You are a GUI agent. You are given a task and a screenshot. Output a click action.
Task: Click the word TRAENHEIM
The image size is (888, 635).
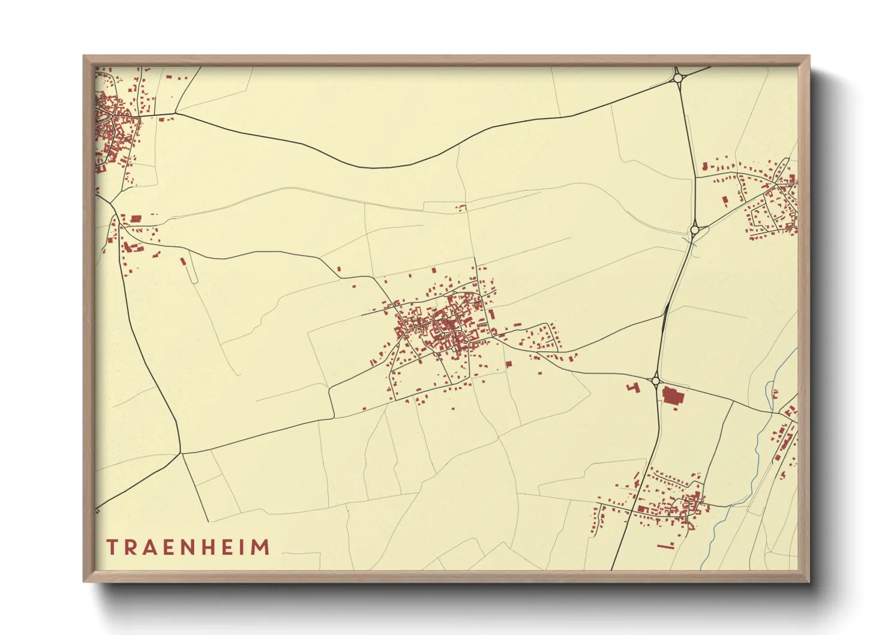click(188, 547)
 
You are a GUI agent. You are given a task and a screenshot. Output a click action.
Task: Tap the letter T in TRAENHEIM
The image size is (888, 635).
click(112, 547)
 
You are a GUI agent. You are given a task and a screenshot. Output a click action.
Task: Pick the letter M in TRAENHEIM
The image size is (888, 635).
click(260, 547)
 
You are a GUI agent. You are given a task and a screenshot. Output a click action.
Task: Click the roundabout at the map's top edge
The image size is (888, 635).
click(678, 77)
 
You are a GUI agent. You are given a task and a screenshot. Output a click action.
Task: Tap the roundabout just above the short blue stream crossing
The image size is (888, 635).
click(695, 229)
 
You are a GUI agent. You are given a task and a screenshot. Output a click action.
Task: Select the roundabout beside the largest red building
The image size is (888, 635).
click(655, 381)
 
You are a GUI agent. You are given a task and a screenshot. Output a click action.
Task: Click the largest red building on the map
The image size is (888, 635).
click(673, 396)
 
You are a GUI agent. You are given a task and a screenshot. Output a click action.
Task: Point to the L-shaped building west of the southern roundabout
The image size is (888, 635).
click(632, 388)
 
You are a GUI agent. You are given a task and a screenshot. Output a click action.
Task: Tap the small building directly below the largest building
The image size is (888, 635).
click(676, 409)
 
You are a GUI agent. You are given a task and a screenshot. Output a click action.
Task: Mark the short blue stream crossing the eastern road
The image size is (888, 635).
click(690, 242)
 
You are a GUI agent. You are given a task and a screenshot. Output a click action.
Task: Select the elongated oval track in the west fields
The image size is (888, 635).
click(193, 268)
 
